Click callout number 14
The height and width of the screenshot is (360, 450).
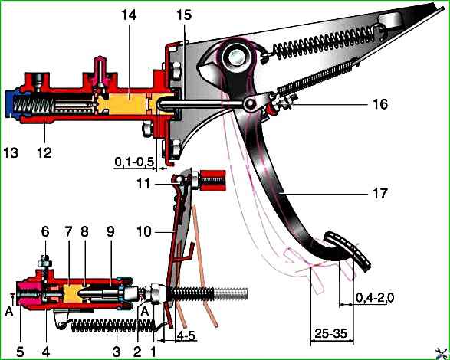point(129,15)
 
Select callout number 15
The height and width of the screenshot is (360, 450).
point(184,15)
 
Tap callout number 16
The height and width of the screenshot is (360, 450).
point(380,104)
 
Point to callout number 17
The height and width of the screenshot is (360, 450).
point(380,193)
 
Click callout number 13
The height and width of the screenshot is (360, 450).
point(11,152)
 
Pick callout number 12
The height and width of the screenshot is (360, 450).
point(44,152)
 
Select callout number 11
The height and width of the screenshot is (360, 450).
point(143,184)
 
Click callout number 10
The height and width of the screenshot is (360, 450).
point(144,231)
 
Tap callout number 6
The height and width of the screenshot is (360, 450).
point(45,232)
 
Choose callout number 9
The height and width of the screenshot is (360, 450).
point(110,232)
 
